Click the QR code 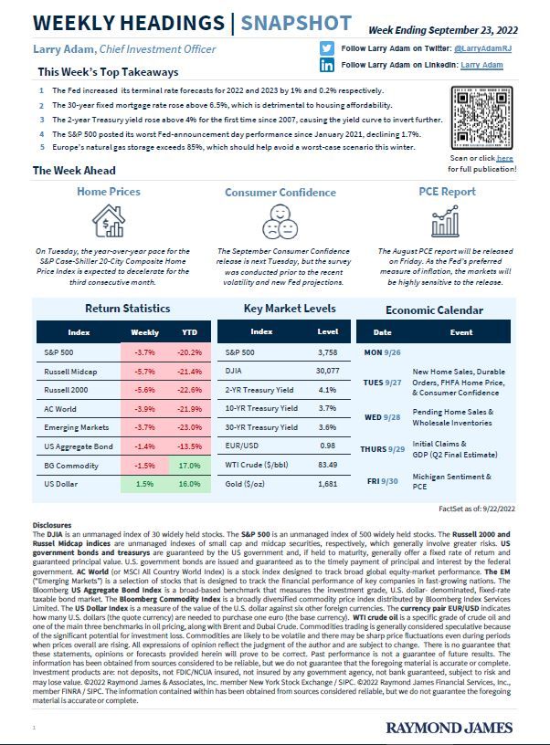click(x=484, y=115)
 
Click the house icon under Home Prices click(x=109, y=221)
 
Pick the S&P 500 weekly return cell click(x=145, y=351)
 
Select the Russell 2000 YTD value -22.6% click(x=189, y=393)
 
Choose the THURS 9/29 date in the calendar click(x=384, y=448)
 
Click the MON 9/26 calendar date click(x=384, y=351)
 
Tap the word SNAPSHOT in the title click(x=290, y=23)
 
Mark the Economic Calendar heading click(x=434, y=310)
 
